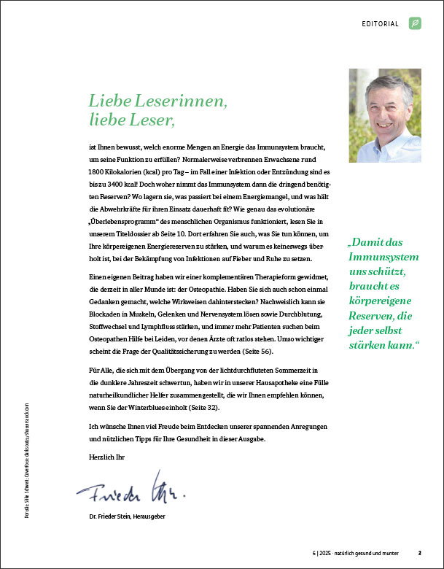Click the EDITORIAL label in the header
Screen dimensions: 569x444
tap(380, 24)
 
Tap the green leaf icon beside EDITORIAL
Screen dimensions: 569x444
tap(415, 23)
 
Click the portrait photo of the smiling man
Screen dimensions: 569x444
tap(385, 105)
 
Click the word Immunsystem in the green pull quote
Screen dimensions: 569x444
tap(383, 258)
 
